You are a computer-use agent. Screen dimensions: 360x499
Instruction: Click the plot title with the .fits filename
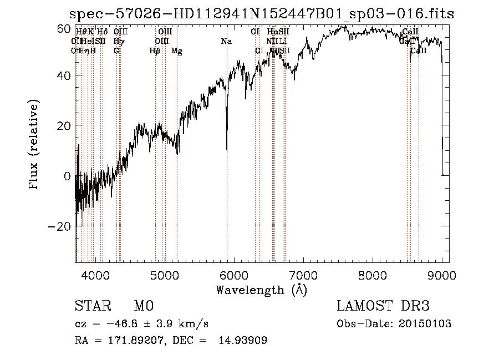point(261,14)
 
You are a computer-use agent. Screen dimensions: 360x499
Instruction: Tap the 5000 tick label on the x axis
point(164,274)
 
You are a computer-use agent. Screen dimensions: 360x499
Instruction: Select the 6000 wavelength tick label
point(233,274)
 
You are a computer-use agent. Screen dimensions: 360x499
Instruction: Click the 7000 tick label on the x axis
point(303,274)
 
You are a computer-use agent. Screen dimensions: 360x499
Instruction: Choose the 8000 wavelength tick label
point(372,274)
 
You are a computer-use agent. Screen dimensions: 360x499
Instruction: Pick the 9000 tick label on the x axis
point(441,274)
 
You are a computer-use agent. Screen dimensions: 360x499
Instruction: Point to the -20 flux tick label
point(60,226)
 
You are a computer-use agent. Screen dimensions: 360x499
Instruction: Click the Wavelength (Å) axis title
point(261,290)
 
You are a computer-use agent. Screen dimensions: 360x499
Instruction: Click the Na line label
point(226,41)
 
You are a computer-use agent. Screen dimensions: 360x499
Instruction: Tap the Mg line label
point(177,51)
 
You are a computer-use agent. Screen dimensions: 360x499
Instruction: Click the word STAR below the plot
point(91,306)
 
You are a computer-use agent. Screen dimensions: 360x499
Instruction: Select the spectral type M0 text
point(144,306)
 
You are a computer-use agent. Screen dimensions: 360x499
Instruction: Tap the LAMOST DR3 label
point(383,306)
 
